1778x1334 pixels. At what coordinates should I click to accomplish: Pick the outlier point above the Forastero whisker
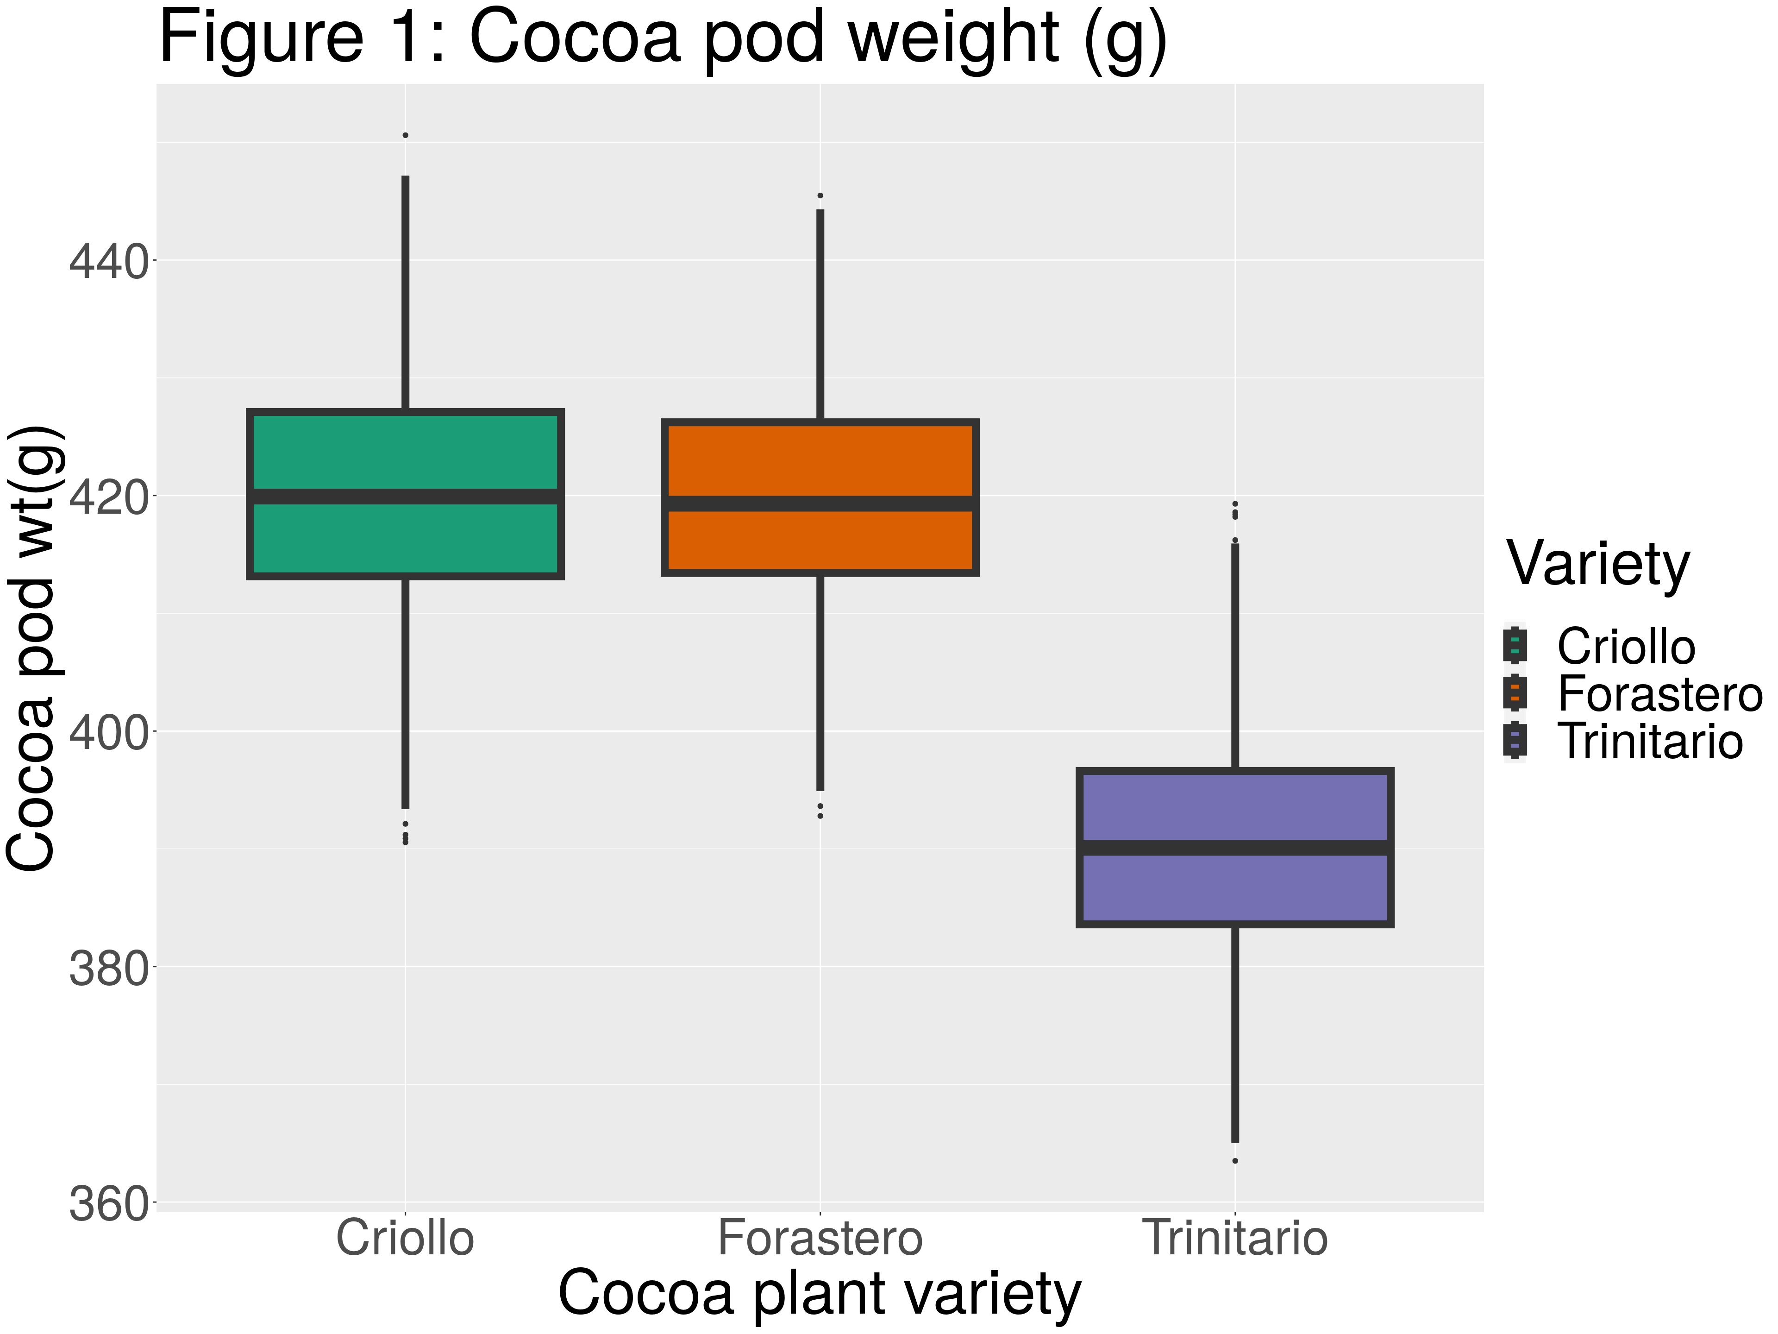(820, 195)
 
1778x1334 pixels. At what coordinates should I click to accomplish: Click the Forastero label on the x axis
(820, 1238)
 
